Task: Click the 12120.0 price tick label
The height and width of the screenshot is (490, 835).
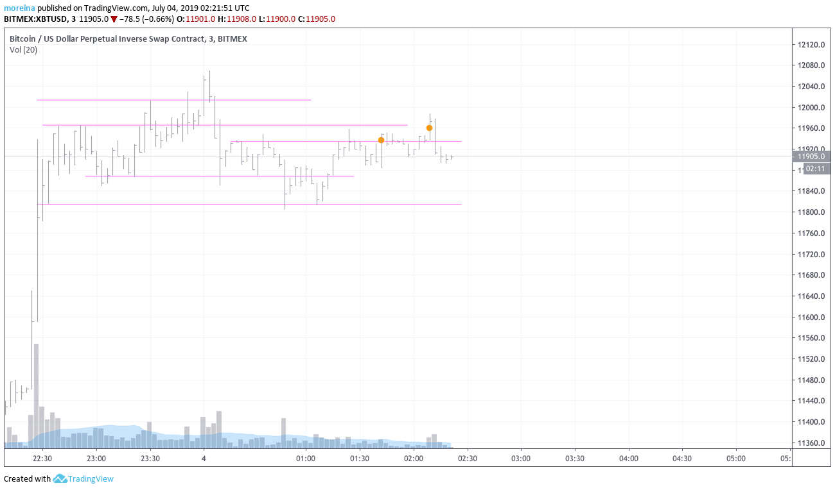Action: [x=811, y=45]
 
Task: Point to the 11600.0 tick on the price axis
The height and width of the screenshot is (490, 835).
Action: [x=811, y=317]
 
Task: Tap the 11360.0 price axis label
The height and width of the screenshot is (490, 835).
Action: [x=811, y=443]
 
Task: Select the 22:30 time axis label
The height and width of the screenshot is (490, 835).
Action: [x=42, y=459]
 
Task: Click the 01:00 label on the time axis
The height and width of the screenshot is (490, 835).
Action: [x=306, y=459]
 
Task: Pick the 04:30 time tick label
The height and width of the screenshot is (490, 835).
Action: [x=682, y=459]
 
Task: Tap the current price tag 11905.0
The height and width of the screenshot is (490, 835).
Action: [x=811, y=156]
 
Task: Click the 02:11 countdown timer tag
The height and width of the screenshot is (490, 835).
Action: [x=815, y=169]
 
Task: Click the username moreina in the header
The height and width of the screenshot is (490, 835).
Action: [x=19, y=8]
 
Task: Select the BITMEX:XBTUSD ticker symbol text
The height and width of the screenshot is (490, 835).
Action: [x=35, y=19]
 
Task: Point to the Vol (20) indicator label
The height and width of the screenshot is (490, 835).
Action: [x=23, y=50]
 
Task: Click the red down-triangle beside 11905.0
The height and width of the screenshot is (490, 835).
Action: [x=114, y=19]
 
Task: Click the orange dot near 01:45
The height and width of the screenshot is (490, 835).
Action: [x=381, y=140]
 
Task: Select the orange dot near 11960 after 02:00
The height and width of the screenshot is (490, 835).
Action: [x=429, y=128]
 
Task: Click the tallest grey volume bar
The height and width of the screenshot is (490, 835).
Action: [x=37, y=394]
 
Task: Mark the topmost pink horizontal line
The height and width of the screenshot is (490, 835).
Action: [x=173, y=100]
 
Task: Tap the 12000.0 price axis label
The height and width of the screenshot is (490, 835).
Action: [x=811, y=108]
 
